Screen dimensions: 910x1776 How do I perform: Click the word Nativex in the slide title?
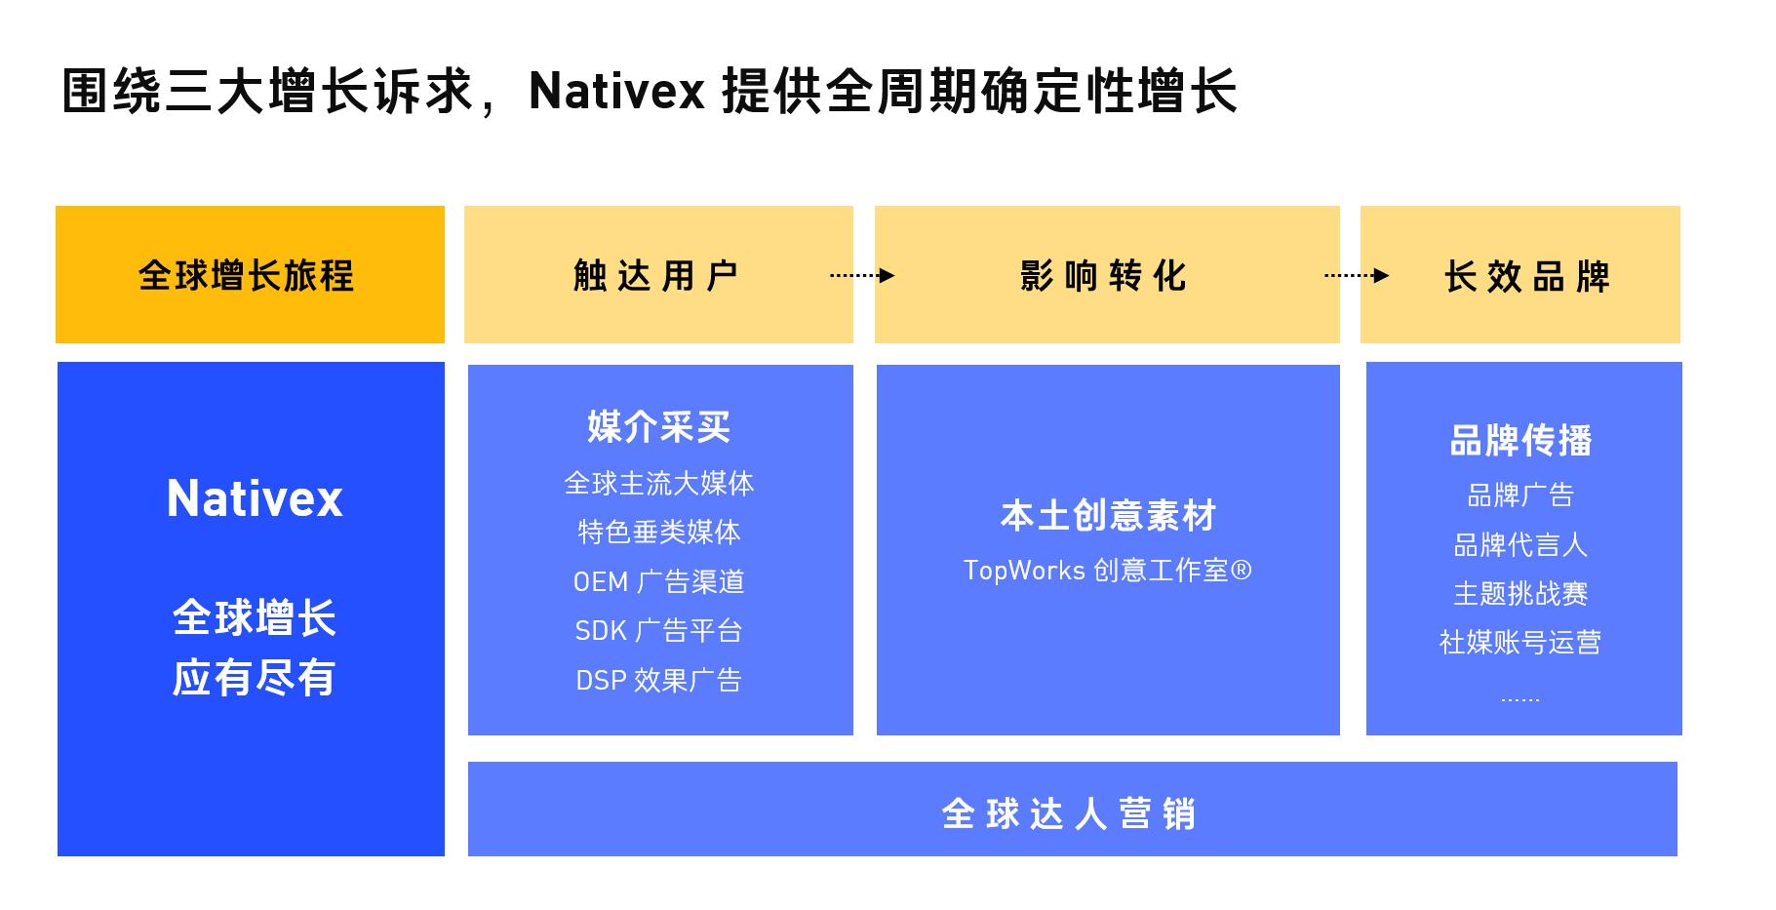(x=616, y=92)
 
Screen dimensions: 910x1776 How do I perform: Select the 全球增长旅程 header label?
(x=246, y=276)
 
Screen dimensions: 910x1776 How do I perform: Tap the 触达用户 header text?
(x=656, y=276)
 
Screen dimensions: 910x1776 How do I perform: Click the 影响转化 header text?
(x=1103, y=276)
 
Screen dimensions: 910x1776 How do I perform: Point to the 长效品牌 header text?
(x=1526, y=276)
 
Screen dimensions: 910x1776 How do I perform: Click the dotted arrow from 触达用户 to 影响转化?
(x=862, y=275)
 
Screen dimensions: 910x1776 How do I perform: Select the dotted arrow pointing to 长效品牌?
(x=1356, y=275)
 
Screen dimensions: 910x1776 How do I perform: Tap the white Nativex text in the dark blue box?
(x=255, y=498)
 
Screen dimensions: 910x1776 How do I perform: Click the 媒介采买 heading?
(x=659, y=427)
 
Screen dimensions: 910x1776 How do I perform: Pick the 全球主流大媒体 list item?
(x=659, y=483)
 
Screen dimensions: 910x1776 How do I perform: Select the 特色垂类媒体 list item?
(x=659, y=532)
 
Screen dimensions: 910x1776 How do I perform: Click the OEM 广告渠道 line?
(x=659, y=581)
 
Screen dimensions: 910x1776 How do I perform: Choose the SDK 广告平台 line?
(x=659, y=631)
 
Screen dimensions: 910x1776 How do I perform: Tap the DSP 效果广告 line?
(x=659, y=680)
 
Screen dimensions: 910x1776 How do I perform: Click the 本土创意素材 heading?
(x=1108, y=516)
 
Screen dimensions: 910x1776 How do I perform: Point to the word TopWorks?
(x=1024, y=570)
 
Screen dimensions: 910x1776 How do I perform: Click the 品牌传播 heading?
(x=1521, y=441)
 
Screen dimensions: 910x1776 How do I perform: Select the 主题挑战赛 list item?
(x=1520, y=593)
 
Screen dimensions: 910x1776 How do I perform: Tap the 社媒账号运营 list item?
(x=1520, y=642)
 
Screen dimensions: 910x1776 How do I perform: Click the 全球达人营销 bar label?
(x=1069, y=813)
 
